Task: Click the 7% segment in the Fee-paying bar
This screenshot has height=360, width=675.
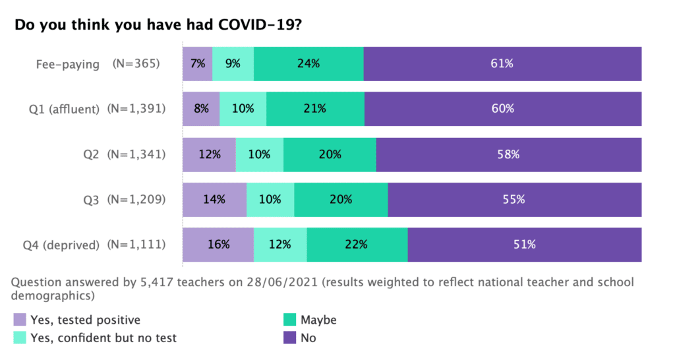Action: (x=197, y=64)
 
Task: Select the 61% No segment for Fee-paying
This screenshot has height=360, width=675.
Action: (x=502, y=64)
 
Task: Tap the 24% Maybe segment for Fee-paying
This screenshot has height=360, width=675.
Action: (x=308, y=64)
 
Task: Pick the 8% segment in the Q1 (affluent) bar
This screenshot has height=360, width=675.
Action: (x=201, y=109)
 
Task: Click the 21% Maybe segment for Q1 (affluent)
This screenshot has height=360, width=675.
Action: (x=315, y=109)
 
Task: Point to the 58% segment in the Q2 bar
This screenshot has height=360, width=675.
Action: (x=508, y=154)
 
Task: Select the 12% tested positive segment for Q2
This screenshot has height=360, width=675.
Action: (x=209, y=154)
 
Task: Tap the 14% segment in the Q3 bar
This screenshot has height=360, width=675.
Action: (x=214, y=199)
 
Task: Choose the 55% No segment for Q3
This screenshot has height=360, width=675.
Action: (x=514, y=199)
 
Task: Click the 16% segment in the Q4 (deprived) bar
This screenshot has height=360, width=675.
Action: (x=218, y=245)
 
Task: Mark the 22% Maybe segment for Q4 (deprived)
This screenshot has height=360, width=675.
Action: (x=357, y=245)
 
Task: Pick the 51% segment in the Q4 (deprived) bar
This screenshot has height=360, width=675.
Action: (x=525, y=245)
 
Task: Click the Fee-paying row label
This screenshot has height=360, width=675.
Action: (x=68, y=64)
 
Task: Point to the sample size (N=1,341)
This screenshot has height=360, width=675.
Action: (x=136, y=154)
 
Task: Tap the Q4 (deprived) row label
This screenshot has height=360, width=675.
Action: (x=61, y=245)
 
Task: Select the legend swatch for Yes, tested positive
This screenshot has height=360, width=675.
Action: (x=20, y=320)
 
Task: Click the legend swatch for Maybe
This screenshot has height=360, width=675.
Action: (x=290, y=320)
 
